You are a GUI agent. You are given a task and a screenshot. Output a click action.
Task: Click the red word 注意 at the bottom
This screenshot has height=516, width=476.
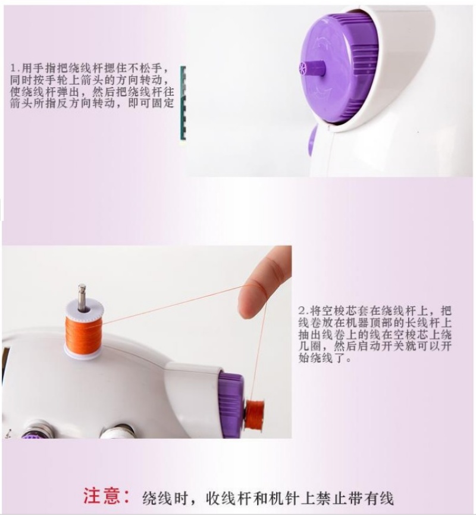coord(101,496)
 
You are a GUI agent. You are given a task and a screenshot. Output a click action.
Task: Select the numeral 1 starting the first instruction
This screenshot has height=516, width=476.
coord(14,68)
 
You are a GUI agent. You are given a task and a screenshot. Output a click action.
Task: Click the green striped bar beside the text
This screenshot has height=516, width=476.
coord(183,104)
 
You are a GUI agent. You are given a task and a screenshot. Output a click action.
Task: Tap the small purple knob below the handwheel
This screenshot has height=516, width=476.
coord(312,142)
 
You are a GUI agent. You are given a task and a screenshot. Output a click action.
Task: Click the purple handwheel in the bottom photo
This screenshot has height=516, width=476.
coord(231,404)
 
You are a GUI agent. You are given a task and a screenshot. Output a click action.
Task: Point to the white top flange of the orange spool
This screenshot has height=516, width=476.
coord(84,309)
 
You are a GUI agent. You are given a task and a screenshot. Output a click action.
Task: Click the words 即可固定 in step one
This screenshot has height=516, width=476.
coord(151,104)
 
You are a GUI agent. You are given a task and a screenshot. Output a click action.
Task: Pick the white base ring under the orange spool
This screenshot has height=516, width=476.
coord(82,354)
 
